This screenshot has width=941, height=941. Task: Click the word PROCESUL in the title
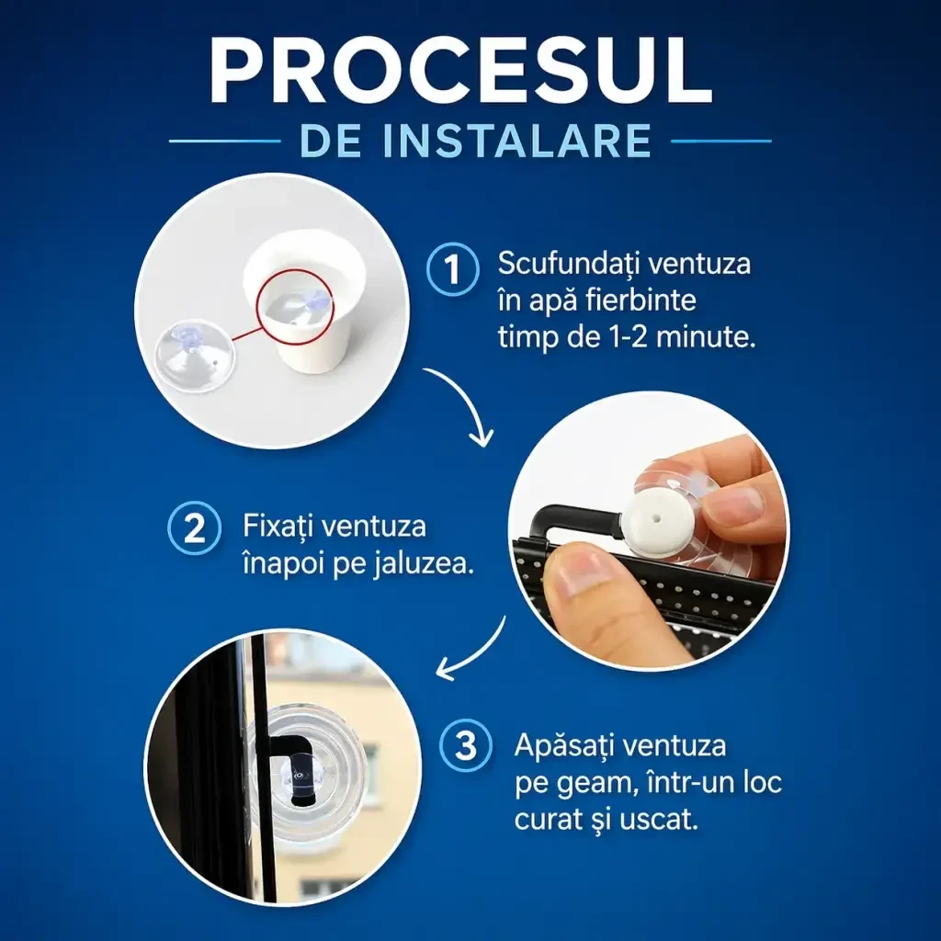[460, 71]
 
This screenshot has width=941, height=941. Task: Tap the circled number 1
[452, 269]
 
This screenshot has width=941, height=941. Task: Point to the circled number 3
[466, 746]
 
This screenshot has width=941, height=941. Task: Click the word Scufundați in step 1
[567, 264]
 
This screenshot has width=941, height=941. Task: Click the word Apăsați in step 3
[565, 746]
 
